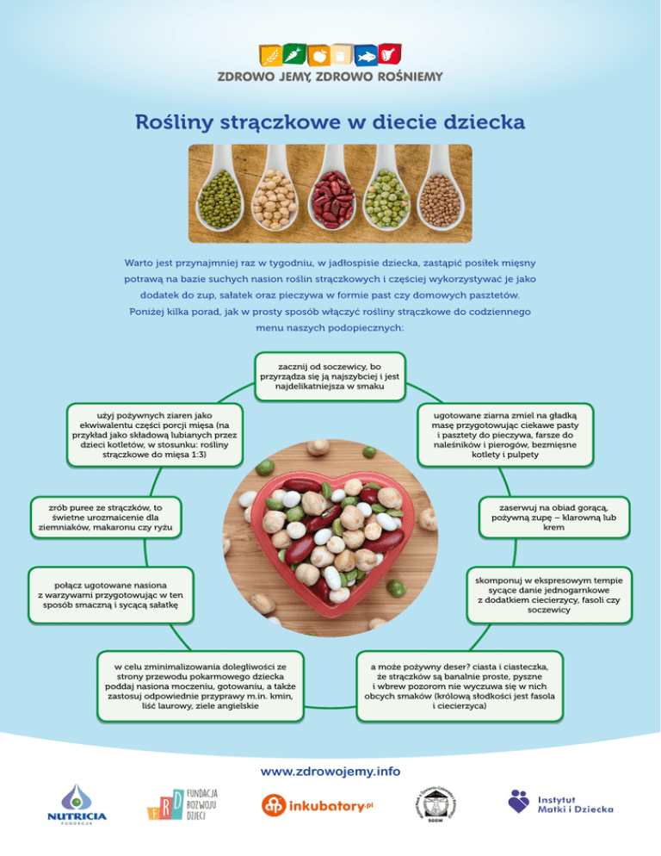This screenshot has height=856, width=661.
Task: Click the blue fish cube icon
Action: (366, 56)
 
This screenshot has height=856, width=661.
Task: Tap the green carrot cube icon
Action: (294, 53)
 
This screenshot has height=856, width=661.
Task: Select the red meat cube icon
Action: (390, 54)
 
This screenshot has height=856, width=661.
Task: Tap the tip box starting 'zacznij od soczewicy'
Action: (330, 376)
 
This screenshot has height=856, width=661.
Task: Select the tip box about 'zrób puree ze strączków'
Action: (105, 518)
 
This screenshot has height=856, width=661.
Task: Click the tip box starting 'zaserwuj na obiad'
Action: (554, 518)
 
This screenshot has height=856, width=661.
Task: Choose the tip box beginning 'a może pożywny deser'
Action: (460, 686)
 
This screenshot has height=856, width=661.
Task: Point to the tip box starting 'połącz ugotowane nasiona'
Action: (111, 595)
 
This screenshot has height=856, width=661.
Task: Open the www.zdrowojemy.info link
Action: (330, 772)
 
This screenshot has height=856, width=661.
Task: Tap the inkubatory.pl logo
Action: (318, 806)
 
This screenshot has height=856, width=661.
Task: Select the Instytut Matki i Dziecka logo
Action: (560, 803)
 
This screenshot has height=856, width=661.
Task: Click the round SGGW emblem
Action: (436, 805)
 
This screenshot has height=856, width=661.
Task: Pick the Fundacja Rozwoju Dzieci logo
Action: (182, 804)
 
